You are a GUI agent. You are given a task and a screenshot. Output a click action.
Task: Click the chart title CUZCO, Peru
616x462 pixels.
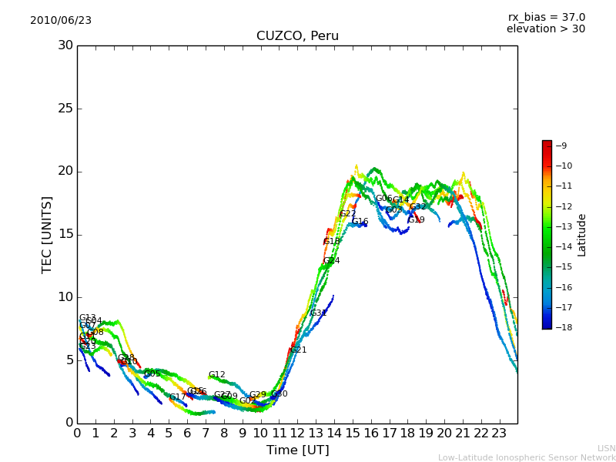point(297,36)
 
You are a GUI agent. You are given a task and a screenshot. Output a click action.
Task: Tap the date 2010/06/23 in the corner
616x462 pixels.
point(61,20)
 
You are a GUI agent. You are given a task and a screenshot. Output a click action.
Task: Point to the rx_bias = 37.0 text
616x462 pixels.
point(546,17)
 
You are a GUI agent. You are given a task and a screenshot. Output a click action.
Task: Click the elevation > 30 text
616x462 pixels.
point(545,29)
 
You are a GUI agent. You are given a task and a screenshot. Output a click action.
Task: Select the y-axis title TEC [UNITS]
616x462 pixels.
point(48,234)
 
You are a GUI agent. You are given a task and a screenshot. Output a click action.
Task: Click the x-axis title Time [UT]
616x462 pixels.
point(297,450)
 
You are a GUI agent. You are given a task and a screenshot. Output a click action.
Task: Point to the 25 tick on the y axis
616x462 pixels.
point(65,109)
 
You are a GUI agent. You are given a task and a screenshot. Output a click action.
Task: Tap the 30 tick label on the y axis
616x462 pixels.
point(65,45)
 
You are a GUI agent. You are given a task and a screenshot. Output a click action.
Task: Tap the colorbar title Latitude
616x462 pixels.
point(582,234)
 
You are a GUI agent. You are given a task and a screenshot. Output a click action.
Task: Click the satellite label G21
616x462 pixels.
point(298,350)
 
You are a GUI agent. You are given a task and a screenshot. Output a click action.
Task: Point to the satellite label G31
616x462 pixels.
point(318,313)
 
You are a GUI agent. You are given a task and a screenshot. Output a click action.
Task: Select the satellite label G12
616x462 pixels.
point(217,375)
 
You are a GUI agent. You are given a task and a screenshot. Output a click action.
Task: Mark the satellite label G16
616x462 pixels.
point(360,222)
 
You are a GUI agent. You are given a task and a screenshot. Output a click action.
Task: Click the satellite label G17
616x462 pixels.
point(178,397)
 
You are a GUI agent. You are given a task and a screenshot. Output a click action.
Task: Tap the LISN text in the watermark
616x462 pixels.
point(607,448)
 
